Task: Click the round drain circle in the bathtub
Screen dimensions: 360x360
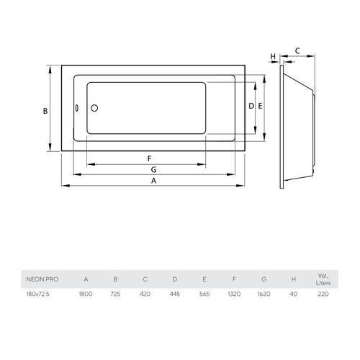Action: coord(94,108)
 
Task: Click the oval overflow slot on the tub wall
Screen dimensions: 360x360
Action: coord(76,108)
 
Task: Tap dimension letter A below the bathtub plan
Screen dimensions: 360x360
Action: coord(153,181)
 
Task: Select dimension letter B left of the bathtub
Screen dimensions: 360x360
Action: coord(45,111)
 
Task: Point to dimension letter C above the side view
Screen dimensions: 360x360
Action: coord(297,51)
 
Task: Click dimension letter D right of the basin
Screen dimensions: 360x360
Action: coord(251,106)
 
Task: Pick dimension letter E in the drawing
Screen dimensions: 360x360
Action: coord(260,106)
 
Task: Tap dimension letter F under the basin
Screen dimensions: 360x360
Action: coord(149,158)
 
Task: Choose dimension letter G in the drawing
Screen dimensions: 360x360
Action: coord(154,169)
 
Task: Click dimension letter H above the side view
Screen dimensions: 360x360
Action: coord(273,57)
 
